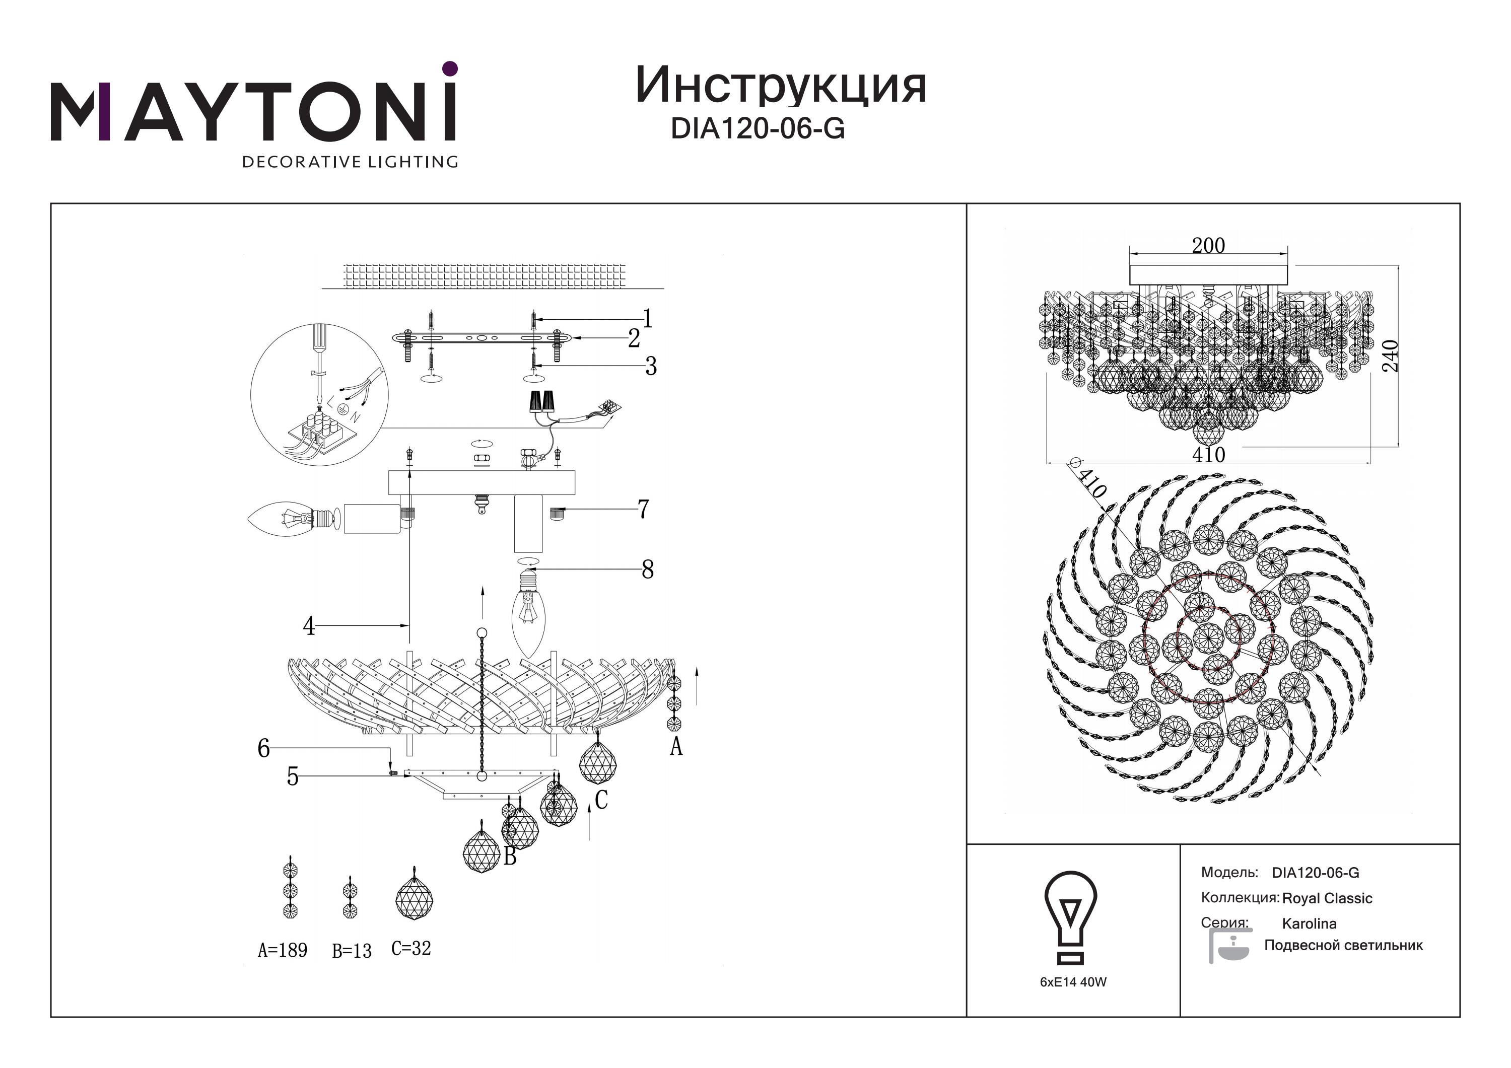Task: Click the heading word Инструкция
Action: [x=781, y=86]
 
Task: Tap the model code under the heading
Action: [x=758, y=129]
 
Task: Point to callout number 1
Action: [x=648, y=319]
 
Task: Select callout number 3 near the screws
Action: [x=651, y=366]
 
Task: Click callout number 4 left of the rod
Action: [x=309, y=626]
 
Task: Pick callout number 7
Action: [x=643, y=509]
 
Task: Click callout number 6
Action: [x=263, y=748]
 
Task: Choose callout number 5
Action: [x=293, y=777]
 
